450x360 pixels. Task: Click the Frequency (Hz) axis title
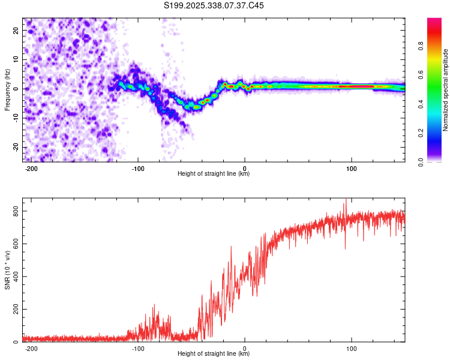(7, 90)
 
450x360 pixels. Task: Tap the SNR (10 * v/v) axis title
(7, 270)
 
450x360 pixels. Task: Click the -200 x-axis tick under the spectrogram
(32, 168)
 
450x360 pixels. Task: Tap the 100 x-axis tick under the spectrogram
(351, 168)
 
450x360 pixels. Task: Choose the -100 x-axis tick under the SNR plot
(139, 348)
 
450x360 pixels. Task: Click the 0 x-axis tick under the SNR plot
(245, 348)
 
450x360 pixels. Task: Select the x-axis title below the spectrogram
(214, 174)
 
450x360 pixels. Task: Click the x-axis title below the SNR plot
(214, 354)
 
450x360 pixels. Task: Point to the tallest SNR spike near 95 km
(346, 200)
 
